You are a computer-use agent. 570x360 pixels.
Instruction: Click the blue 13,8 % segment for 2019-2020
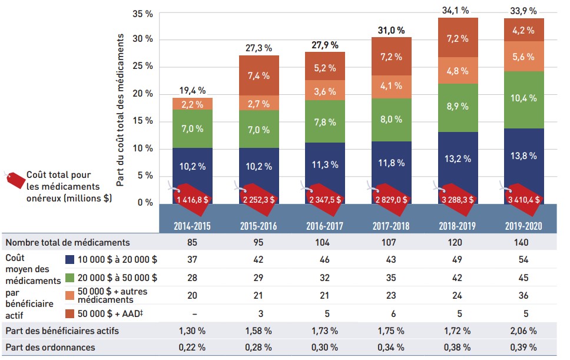[x=523, y=156]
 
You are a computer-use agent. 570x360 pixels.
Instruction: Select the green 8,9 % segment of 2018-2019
[x=457, y=107]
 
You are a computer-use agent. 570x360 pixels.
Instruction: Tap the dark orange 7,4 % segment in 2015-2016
[x=259, y=75]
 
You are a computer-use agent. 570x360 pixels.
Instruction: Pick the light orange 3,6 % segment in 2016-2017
[x=325, y=91]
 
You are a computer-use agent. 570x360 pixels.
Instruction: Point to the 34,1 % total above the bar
[x=457, y=9]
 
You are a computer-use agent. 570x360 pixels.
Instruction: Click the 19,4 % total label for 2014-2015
[x=193, y=90]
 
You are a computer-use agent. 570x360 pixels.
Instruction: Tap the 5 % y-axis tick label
[x=146, y=176]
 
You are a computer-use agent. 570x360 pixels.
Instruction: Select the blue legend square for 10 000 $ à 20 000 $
[x=69, y=259]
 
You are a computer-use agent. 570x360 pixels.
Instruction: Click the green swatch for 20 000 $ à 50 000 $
[x=69, y=278]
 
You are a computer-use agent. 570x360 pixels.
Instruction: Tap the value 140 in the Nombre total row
[x=523, y=242]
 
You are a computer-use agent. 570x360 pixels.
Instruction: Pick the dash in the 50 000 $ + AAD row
[x=193, y=313]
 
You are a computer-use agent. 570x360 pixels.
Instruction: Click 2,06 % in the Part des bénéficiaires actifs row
[x=523, y=331]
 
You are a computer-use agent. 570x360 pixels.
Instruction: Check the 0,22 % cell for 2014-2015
[x=193, y=348]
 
